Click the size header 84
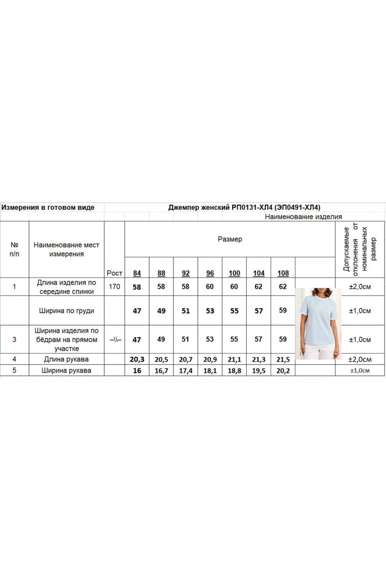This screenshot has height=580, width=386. (137, 273)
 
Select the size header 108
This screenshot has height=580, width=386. (283, 273)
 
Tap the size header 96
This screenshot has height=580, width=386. (210, 273)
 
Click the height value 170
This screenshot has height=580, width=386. (115, 287)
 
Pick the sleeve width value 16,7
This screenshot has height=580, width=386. (162, 371)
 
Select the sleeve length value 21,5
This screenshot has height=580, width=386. (283, 359)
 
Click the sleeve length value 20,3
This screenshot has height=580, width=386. (137, 359)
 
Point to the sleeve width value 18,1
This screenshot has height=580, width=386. (210, 371)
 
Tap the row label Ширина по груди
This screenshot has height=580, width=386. (66, 311)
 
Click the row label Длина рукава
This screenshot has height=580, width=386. (66, 359)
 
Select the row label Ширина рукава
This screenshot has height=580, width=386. (66, 371)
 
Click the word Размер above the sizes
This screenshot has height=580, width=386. (230, 239)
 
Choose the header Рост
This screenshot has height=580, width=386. (115, 273)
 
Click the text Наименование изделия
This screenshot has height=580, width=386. (303, 217)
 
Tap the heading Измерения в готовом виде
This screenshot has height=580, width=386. (48, 207)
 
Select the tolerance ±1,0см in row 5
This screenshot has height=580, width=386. (360, 371)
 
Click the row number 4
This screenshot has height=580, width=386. (15, 359)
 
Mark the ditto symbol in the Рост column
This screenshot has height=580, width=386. (115, 340)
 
